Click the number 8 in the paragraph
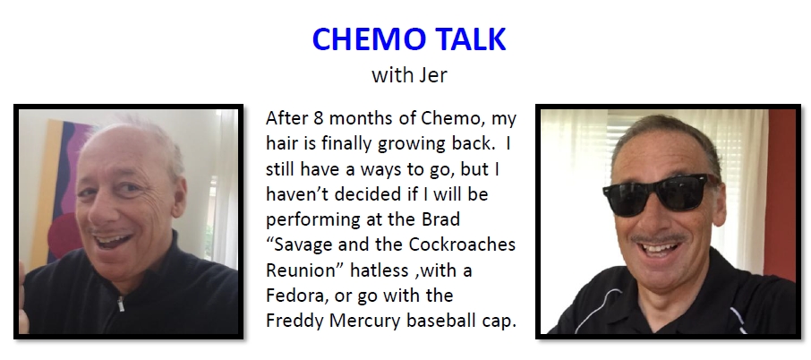318,118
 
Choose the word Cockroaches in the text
462,244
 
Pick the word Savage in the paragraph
301,244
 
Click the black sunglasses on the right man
657,194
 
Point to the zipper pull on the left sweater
121,304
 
